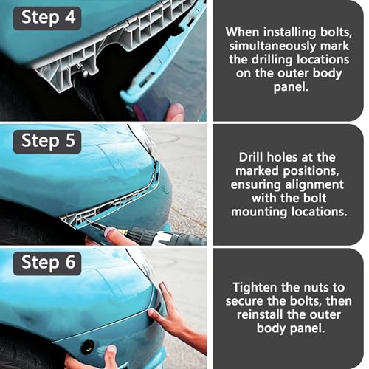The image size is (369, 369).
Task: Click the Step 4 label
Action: point(47,18)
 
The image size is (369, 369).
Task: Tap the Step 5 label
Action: point(47,142)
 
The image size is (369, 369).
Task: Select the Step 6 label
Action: point(47,263)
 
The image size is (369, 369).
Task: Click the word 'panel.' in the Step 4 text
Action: point(291,86)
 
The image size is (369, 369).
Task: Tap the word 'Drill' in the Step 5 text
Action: point(251,157)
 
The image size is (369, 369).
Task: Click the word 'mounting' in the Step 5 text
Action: point(259,212)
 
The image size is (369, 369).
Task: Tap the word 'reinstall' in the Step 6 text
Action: point(260,314)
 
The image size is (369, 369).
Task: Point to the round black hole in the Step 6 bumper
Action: point(87,347)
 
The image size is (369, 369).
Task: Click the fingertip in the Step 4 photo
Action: point(175,112)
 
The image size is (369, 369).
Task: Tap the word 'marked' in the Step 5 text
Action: point(257,170)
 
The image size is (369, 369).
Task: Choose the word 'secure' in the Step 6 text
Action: point(244,301)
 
